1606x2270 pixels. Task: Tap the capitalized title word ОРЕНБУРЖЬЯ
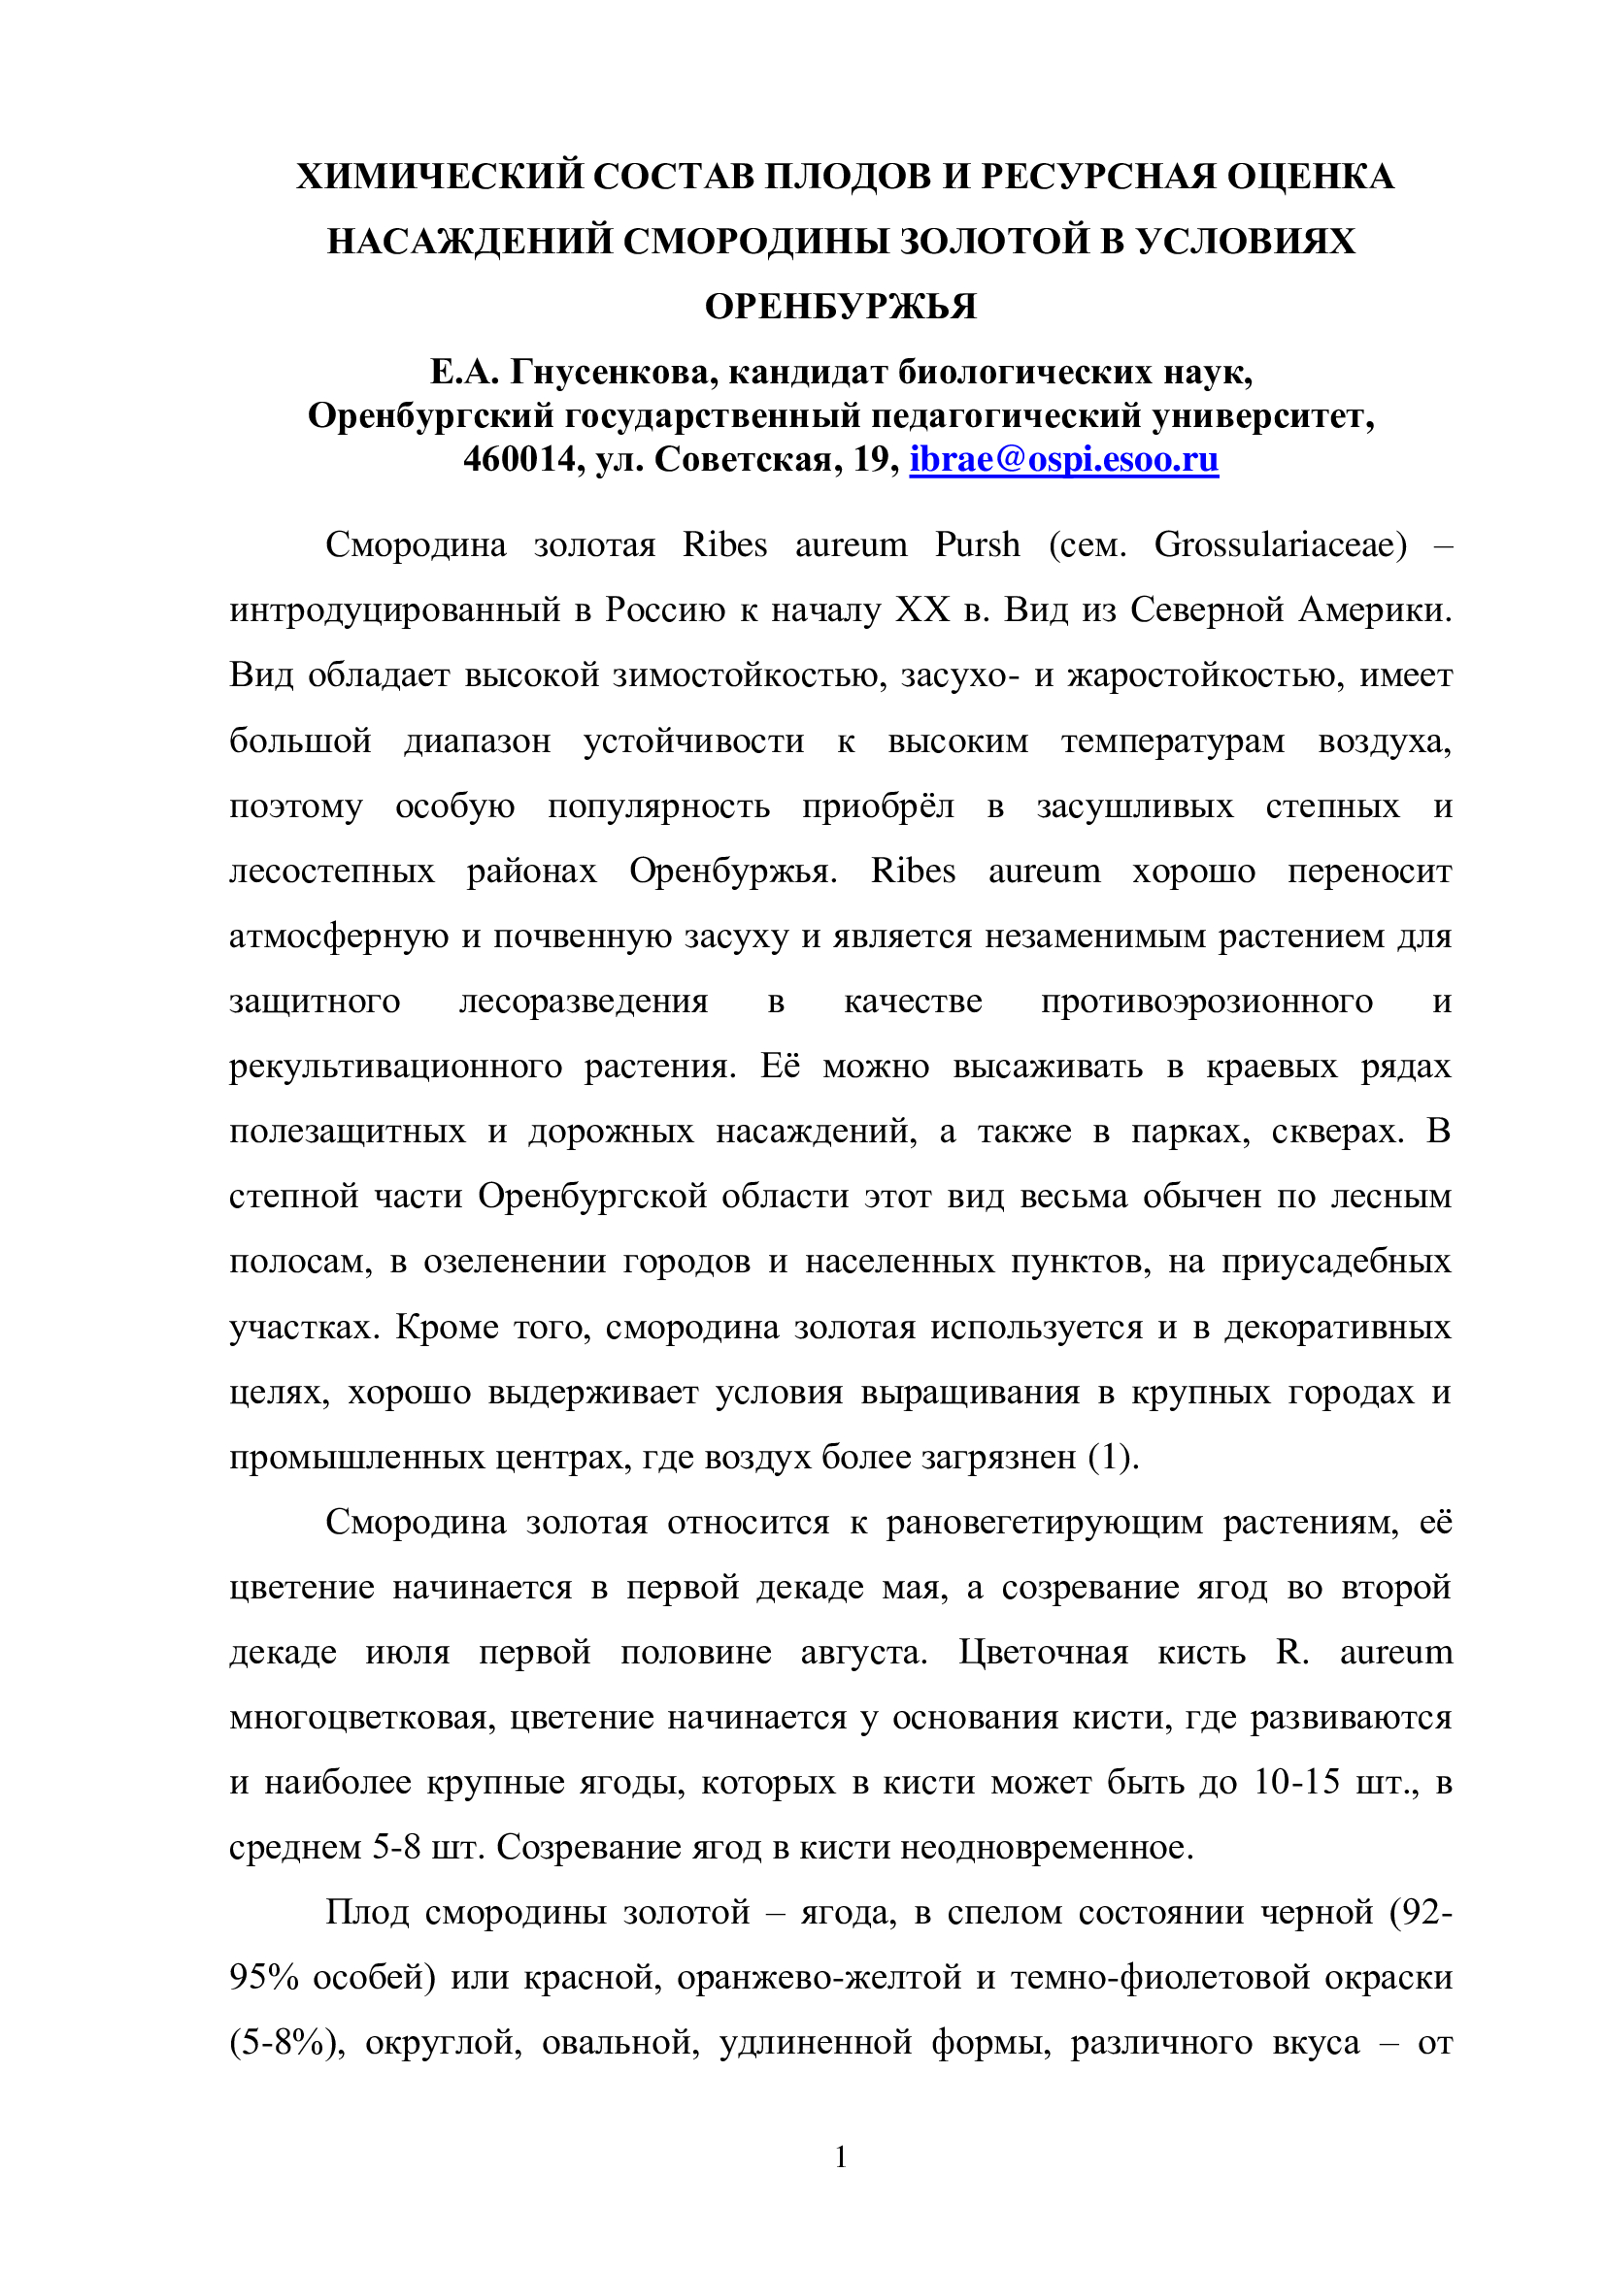click(x=841, y=308)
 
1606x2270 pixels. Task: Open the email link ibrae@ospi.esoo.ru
click(x=1064, y=460)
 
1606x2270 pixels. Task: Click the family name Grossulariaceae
click(x=1281, y=544)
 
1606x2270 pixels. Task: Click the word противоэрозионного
click(x=1207, y=1002)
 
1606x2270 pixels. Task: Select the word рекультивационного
click(x=394, y=1067)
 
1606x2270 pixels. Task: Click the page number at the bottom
click(x=841, y=2157)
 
